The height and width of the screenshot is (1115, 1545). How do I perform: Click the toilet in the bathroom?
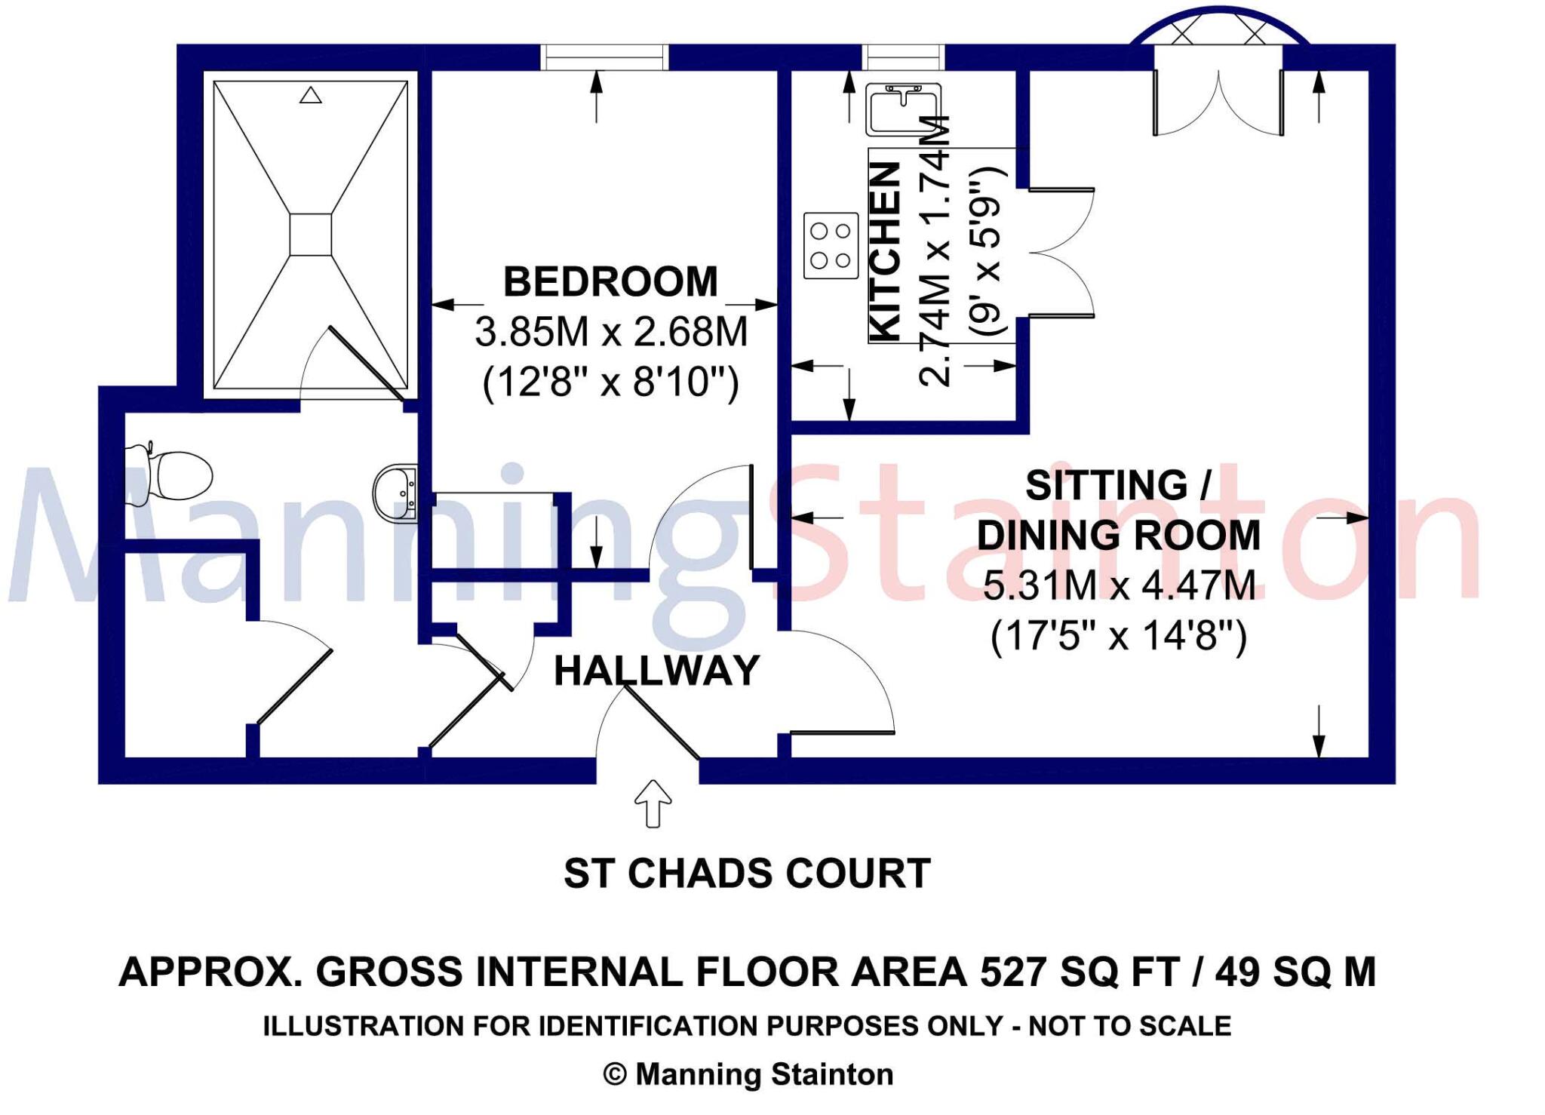point(175,474)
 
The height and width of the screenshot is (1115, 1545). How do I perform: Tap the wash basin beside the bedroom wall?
point(396,492)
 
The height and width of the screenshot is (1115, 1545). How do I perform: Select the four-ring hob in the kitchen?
point(831,246)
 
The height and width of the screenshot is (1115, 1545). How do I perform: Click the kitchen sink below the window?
point(902,110)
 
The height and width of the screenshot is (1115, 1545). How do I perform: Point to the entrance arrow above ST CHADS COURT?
point(653,803)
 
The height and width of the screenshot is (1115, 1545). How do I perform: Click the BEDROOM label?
point(610,281)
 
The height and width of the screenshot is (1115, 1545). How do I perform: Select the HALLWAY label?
point(656,671)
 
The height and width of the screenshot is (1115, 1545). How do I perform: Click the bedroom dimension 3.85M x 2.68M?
point(611,332)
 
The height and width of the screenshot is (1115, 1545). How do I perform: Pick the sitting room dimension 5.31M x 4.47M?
point(1119,585)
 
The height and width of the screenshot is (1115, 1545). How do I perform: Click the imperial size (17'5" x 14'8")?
point(1119,635)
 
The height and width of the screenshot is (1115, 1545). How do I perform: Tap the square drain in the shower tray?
point(310,235)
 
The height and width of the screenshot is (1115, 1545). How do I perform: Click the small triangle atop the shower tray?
point(310,96)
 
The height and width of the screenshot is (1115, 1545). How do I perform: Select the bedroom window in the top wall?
point(605,57)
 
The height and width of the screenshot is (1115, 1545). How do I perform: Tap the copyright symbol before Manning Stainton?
point(615,1074)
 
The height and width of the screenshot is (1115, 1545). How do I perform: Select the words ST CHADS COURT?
point(747,874)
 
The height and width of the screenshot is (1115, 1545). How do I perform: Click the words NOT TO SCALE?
point(1129,1026)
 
